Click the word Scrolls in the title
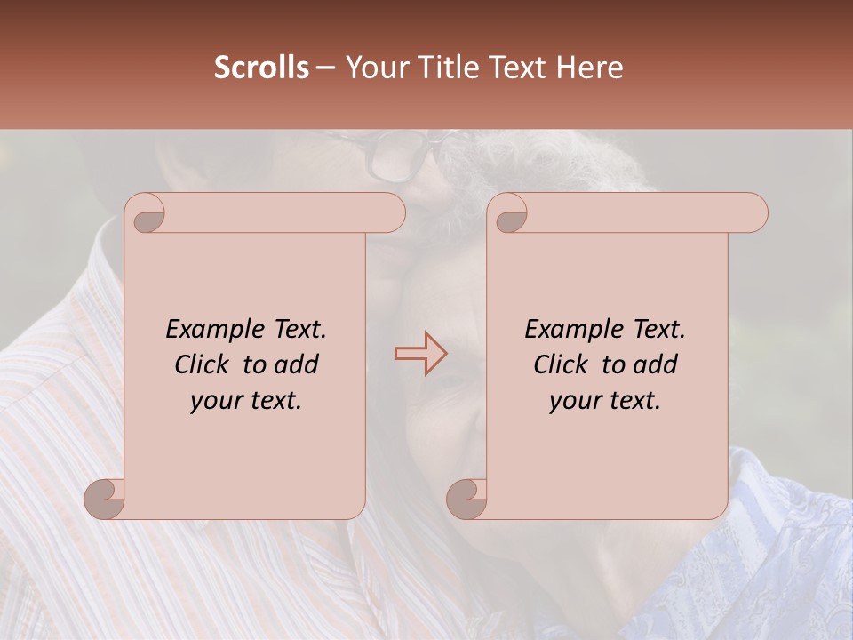coord(262,68)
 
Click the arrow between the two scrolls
coord(420,353)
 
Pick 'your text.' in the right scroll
coord(605,400)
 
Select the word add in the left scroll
coord(296,364)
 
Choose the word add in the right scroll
coord(655,364)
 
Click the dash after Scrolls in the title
coord(325,68)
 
